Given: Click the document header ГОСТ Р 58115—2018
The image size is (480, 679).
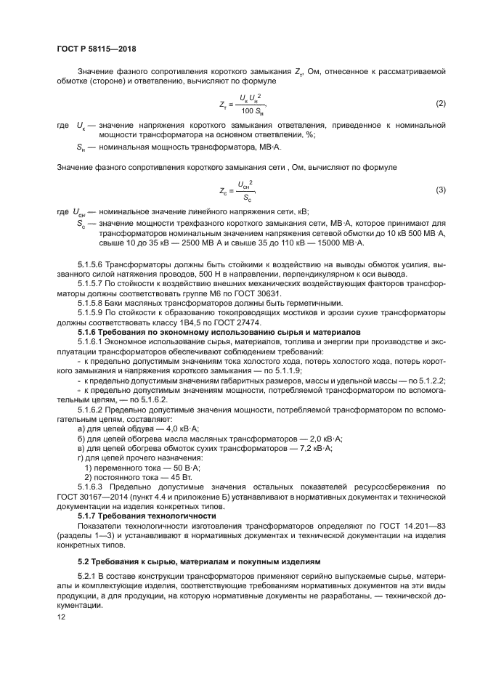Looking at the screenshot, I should point(96,49).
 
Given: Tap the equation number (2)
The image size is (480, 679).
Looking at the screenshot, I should point(440,105).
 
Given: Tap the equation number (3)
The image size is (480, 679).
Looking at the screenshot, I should point(440,190).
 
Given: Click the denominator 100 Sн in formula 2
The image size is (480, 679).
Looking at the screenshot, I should point(252,110).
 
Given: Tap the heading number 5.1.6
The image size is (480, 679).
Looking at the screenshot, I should point(87,331).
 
